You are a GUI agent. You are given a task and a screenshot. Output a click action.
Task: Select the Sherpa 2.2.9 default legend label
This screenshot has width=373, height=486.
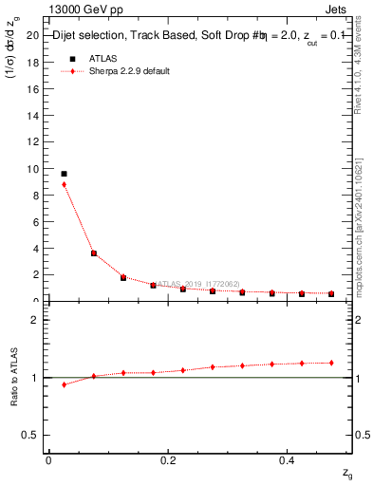tap(130, 71)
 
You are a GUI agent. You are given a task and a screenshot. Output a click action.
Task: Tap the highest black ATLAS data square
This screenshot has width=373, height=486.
tap(64, 174)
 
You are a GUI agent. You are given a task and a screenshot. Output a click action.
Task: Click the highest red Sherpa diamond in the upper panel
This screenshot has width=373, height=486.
tap(64, 184)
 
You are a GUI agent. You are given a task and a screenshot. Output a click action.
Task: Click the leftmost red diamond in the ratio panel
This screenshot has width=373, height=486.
tap(64, 384)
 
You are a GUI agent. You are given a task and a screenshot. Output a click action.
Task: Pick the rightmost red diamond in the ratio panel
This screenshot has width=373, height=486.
tap(331, 363)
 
